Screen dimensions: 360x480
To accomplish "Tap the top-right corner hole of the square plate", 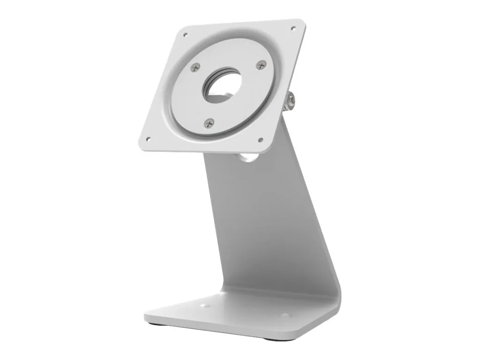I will [293, 29].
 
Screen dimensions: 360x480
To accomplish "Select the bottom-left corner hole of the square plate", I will [149, 139].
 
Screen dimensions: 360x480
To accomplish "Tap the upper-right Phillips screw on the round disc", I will [262, 65].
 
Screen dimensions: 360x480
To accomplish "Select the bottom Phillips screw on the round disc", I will [209, 123].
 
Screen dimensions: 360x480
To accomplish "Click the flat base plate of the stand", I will [234, 314].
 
